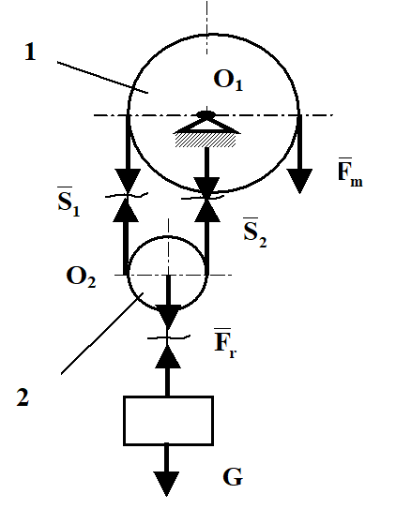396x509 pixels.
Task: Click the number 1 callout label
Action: (x=30, y=52)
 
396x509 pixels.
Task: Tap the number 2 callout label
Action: (x=23, y=397)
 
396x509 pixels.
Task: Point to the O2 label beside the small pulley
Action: (x=81, y=277)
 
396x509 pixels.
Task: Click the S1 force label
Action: (x=69, y=202)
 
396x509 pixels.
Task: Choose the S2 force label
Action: (x=255, y=232)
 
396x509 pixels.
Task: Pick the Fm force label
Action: (x=350, y=172)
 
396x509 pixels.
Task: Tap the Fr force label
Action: (x=225, y=343)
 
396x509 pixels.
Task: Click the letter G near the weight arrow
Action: (x=233, y=477)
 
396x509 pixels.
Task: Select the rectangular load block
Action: (x=168, y=420)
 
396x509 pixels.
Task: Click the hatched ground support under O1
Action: (x=206, y=141)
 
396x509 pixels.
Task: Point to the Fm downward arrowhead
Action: (x=299, y=181)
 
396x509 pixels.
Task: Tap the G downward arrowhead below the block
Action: (x=166, y=484)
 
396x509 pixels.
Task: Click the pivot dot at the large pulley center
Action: (x=206, y=114)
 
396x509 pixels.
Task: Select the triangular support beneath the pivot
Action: (x=207, y=126)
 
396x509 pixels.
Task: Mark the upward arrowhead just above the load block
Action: (x=168, y=356)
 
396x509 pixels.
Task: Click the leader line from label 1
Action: (x=102, y=77)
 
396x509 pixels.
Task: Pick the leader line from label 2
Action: (x=102, y=333)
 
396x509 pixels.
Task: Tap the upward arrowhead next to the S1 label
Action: (x=126, y=210)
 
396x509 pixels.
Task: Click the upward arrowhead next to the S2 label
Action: (x=207, y=210)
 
